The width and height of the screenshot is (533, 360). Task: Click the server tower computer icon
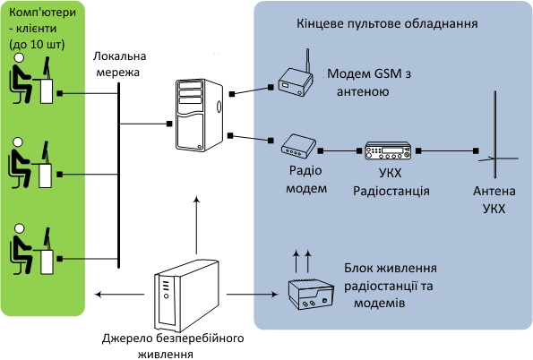pos(199,115)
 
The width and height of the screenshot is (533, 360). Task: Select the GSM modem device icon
pos(295,81)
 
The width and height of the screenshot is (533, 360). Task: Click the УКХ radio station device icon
pos(388,150)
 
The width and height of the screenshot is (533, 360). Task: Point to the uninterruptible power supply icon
pos(186,296)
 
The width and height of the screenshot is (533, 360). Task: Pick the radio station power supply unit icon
pos(311,295)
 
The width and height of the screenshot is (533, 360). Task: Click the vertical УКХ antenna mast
pos(495,134)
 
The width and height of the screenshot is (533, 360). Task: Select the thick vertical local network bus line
pos(118,176)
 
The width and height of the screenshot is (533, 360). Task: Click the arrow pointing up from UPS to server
pos(196,225)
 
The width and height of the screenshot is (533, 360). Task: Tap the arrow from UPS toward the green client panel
pos(119,294)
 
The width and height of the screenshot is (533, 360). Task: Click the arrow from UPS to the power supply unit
pos(253,294)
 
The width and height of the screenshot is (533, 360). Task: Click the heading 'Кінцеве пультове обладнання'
pos(387,24)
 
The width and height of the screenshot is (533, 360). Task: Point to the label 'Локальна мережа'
pos(119,64)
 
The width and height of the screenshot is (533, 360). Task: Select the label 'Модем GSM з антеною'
pos(369,82)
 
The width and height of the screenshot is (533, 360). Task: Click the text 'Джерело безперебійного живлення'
pos(173,346)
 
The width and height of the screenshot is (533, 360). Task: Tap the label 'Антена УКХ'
pos(494,200)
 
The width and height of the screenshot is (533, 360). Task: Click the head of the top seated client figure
pos(19,58)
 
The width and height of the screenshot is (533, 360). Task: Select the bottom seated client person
pos(21,249)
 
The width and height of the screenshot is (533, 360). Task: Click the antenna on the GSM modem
pos(308,61)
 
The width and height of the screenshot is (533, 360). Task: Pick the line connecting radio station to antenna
pos(447,150)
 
